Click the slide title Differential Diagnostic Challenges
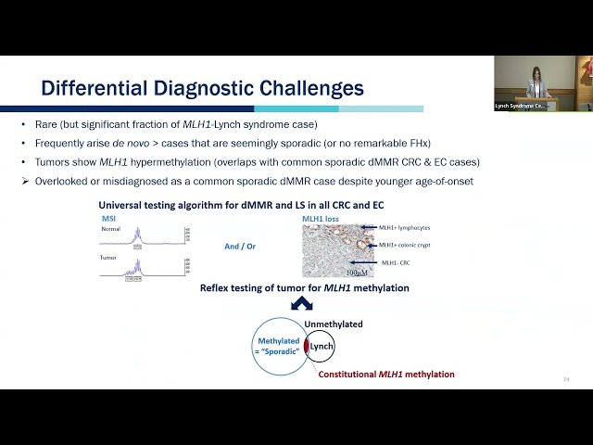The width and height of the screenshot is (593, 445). tap(201, 88)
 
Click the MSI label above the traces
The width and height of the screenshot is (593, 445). tap(107, 219)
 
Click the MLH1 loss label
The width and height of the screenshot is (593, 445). tap(320, 219)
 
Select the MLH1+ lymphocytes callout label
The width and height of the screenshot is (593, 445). tap(404, 227)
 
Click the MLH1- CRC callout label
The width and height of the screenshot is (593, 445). tap(396, 263)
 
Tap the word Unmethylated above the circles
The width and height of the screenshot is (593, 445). tap(334, 324)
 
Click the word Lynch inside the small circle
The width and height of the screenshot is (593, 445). tap(321, 346)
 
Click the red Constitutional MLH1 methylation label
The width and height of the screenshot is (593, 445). tap(386, 375)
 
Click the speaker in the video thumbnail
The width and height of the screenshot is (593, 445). tap(538, 84)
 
